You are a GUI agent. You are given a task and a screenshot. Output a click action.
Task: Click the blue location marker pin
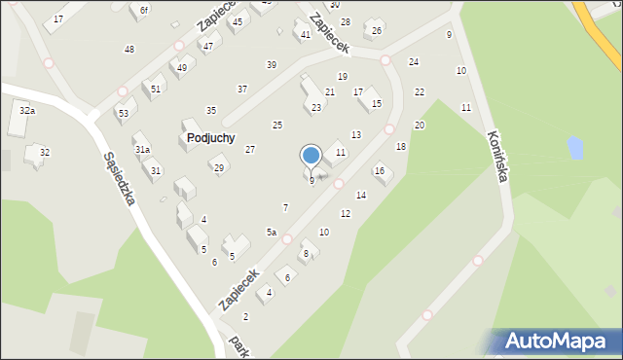coord(311,157)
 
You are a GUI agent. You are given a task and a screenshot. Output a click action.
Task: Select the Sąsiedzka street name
coord(118,178)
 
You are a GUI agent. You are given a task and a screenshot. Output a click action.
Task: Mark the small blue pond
coord(575,148)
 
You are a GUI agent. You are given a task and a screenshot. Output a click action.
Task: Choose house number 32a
coord(27,111)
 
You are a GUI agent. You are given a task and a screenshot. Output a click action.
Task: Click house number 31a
coord(142,150)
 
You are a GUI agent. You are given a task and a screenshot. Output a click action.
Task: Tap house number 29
coord(219,168)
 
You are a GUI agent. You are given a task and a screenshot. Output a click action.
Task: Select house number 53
coord(123,114)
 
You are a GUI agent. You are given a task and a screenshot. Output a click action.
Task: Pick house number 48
coord(129,49)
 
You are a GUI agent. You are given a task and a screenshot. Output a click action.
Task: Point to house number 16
coord(380,171)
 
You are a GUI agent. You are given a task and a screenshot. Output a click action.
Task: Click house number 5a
coord(273,233)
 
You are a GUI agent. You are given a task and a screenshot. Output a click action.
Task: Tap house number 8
coord(306,254)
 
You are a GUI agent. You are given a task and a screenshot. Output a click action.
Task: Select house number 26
coord(377,31)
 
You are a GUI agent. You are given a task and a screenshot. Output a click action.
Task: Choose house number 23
coord(316,108)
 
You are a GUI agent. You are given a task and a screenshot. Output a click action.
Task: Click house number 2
coord(245,317)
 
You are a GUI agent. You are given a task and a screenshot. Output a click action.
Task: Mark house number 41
coord(306,35)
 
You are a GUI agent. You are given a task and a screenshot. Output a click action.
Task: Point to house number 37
coord(242,90)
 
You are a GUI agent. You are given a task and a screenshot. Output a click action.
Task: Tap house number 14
coord(361,196)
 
